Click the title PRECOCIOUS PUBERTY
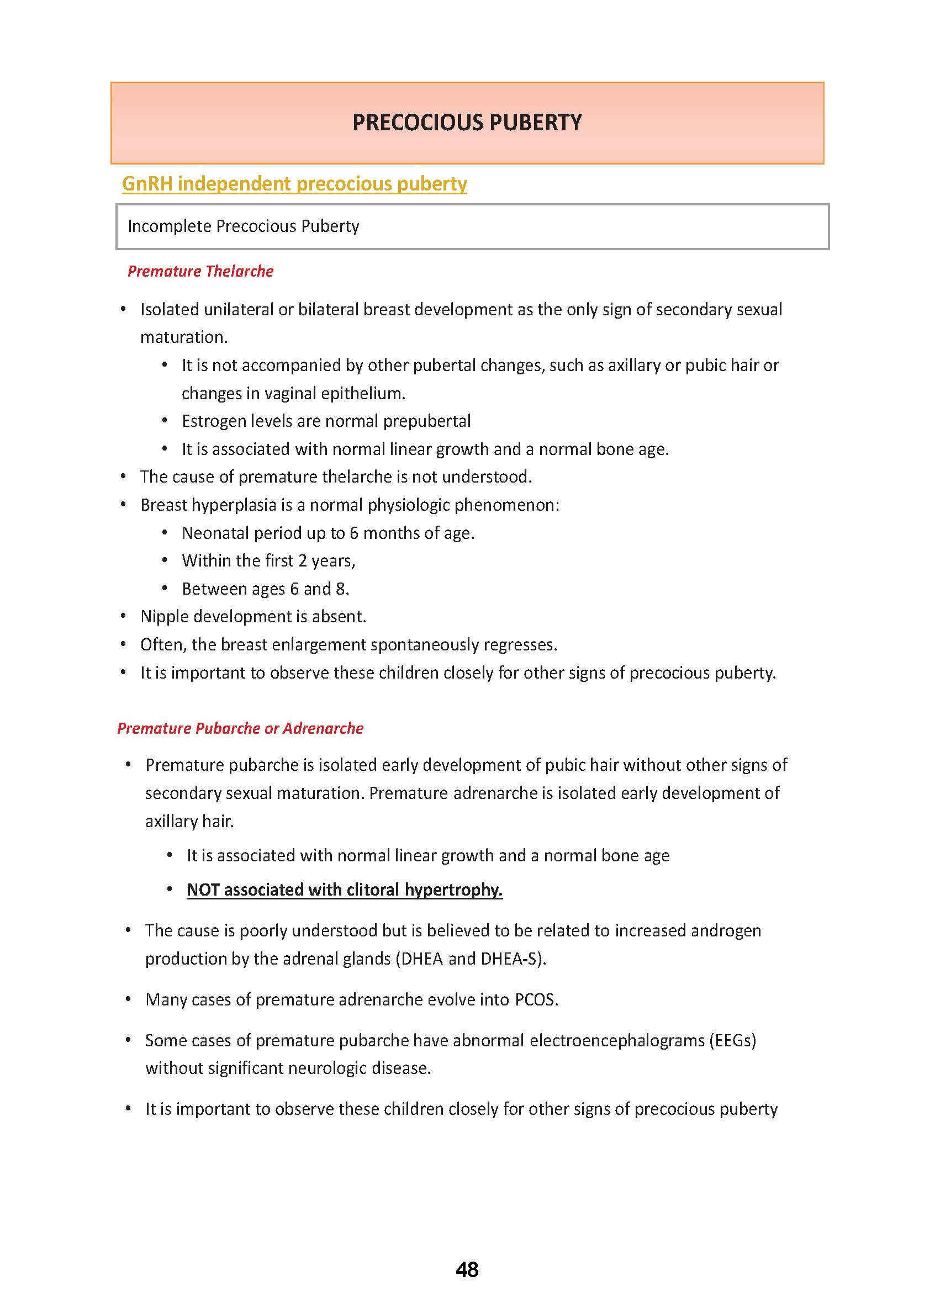pyautogui.click(x=467, y=123)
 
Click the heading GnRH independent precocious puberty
pyautogui.click(x=294, y=184)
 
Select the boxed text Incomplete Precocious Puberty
pyautogui.click(x=243, y=226)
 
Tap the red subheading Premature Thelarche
pyautogui.click(x=200, y=271)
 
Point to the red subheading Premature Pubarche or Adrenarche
pyautogui.click(x=240, y=728)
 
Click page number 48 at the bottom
pyautogui.click(x=467, y=1269)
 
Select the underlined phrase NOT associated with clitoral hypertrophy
pyautogui.click(x=344, y=890)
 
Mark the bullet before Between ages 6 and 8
pyautogui.click(x=165, y=588)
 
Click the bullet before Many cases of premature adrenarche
pyautogui.click(x=128, y=999)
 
